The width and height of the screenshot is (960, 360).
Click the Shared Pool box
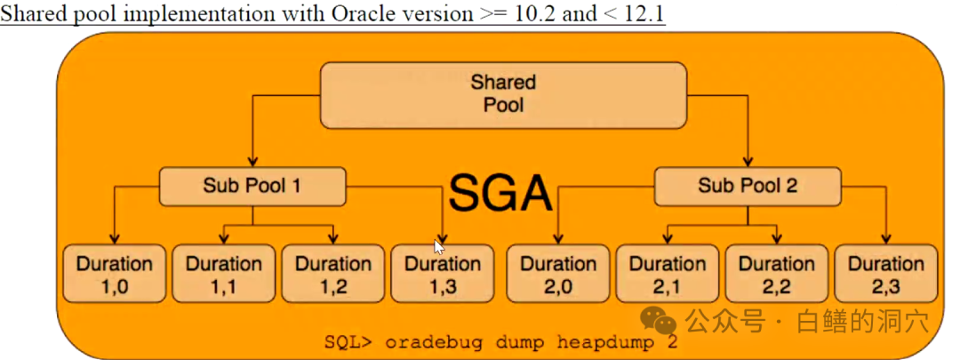(x=503, y=93)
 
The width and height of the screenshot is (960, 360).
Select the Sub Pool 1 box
(x=252, y=186)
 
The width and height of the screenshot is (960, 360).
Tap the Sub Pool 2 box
(x=747, y=186)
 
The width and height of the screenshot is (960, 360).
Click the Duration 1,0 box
(x=114, y=274)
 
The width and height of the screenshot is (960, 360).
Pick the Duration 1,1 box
(x=223, y=274)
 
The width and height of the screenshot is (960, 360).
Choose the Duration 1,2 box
(x=332, y=274)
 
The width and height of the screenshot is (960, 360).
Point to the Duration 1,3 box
(x=442, y=274)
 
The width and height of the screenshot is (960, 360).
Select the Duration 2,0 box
(x=557, y=274)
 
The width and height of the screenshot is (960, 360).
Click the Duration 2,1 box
(x=667, y=274)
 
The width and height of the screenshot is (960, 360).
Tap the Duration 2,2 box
(x=776, y=274)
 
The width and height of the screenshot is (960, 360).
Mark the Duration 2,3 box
(x=885, y=274)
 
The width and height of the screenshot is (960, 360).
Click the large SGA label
(x=500, y=191)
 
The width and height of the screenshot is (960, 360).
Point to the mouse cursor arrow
(x=439, y=247)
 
